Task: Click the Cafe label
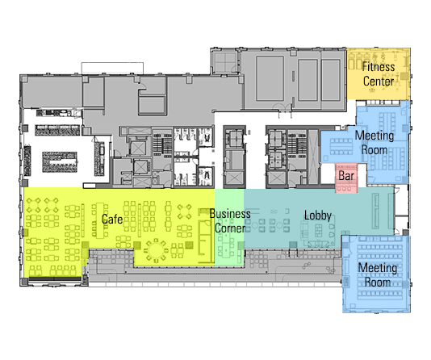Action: (112, 219)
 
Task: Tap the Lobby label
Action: (318, 216)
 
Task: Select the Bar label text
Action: (346, 176)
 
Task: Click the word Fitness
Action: (379, 67)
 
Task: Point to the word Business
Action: (230, 214)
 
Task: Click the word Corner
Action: (230, 228)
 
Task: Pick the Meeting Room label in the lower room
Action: (378, 274)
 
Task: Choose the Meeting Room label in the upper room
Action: (375, 143)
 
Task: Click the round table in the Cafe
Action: (156, 250)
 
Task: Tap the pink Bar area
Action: (346, 178)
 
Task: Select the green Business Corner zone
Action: (229, 228)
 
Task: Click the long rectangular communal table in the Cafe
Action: (100, 220)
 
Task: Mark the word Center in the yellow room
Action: (379, 81)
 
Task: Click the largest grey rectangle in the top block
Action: (270, 78)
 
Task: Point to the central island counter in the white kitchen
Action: (60, 162)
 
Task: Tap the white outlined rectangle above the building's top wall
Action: (112, 68)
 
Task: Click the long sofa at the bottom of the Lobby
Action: (319, 244)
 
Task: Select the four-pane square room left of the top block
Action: (225, 62)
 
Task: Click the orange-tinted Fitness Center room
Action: (379, 73)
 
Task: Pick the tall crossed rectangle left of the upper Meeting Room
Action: (313, 157)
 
